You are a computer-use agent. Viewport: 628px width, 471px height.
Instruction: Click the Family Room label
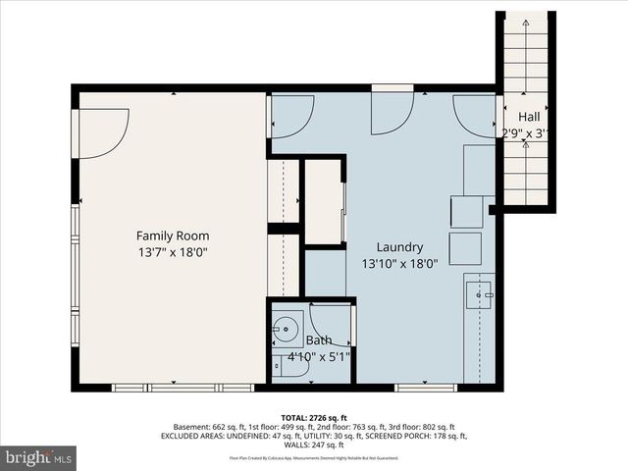tap(173, 235)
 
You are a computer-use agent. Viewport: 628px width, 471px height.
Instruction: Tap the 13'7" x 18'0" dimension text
tap(173, 252)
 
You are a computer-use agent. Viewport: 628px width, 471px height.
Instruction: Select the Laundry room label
tap(399, 247)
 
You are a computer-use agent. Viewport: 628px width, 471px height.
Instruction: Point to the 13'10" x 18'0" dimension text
tap(399, 264)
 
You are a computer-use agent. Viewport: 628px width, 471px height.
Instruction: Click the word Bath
tap(319, 340)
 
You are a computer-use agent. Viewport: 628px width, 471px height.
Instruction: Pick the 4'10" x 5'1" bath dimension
tap(319, 357)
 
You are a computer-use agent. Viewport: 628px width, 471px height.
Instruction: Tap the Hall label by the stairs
tap(527, 117)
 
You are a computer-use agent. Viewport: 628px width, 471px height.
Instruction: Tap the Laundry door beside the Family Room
tap(291, 115)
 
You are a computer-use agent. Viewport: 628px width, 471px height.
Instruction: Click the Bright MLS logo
tap(39, 457)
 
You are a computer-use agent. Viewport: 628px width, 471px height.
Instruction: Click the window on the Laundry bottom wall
tap(426, 388)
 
